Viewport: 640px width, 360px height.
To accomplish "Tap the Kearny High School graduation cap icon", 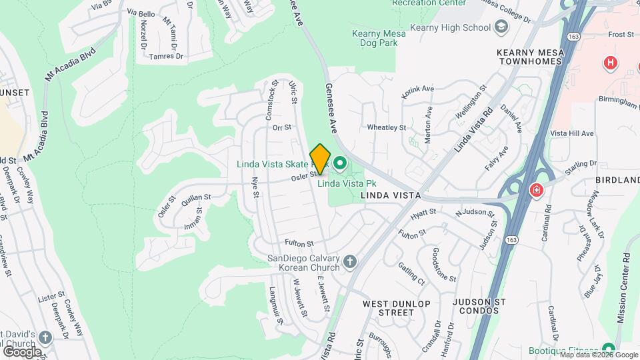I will [501, 27].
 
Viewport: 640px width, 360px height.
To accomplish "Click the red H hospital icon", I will [609, 64].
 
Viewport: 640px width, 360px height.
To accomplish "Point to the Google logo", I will [22, 351].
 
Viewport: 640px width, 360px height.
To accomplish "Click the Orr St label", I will [283, 127].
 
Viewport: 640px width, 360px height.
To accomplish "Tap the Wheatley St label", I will [387, 127].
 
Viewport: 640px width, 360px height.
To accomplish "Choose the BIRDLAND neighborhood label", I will [618, 181].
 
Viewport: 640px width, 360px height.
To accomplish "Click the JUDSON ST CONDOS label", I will [475, 305].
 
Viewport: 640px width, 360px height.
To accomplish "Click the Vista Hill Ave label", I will [572, 133].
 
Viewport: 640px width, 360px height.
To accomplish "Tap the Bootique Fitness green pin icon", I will [608, 349].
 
